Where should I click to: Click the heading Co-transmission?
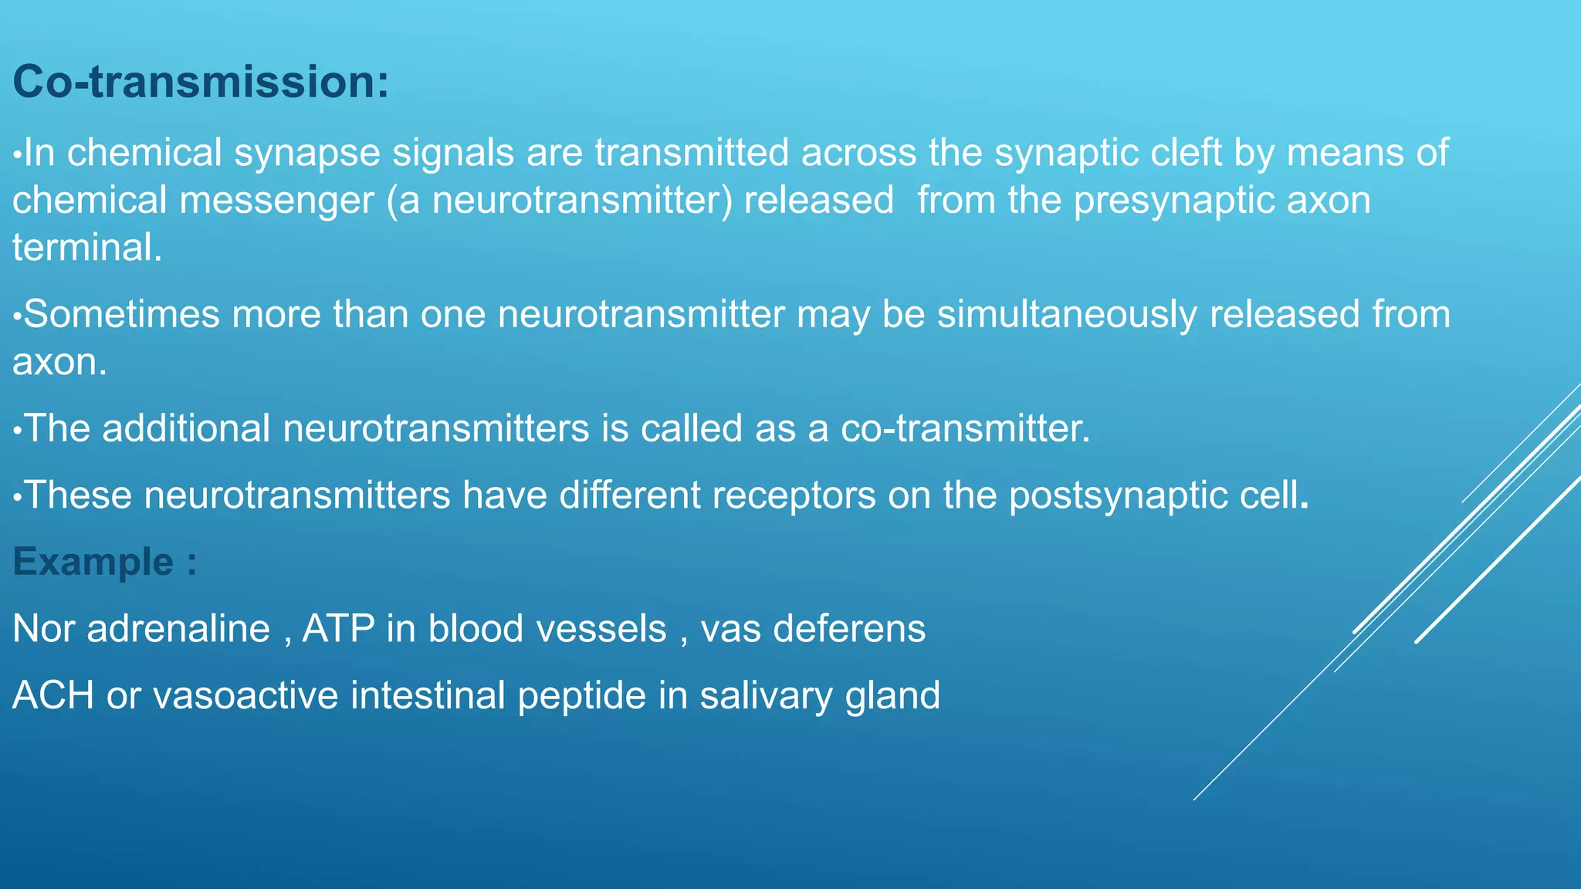201,82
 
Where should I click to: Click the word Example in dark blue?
93,562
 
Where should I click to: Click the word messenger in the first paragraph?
276,201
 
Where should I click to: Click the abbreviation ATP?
338,629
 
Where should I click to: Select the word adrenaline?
178,629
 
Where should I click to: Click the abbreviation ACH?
53,695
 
